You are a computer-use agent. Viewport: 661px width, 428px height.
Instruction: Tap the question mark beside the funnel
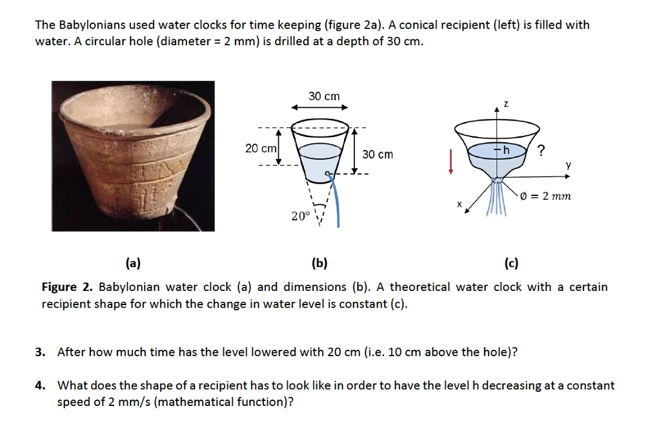[540, 151]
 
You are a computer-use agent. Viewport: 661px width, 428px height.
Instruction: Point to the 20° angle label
[300, 216]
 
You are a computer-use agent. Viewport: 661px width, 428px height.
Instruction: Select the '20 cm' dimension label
[261, 148]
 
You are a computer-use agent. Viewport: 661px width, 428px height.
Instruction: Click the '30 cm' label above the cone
[323, 96]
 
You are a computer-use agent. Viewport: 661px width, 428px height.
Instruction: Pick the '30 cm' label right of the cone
[377, 155]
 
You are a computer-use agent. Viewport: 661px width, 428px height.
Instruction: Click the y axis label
[568, 166]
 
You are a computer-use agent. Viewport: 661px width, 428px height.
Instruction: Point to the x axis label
[460, 205]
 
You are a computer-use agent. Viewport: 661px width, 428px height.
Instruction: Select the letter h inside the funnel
[507, 150]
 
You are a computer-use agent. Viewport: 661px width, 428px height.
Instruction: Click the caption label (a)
[134, 263]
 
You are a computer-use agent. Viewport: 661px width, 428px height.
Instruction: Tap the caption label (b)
[319, 263]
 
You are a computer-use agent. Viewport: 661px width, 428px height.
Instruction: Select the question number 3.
[40, 352]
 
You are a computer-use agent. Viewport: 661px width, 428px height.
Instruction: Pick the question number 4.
[40, 386]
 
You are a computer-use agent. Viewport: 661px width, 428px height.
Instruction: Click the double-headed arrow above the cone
[320, 107]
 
